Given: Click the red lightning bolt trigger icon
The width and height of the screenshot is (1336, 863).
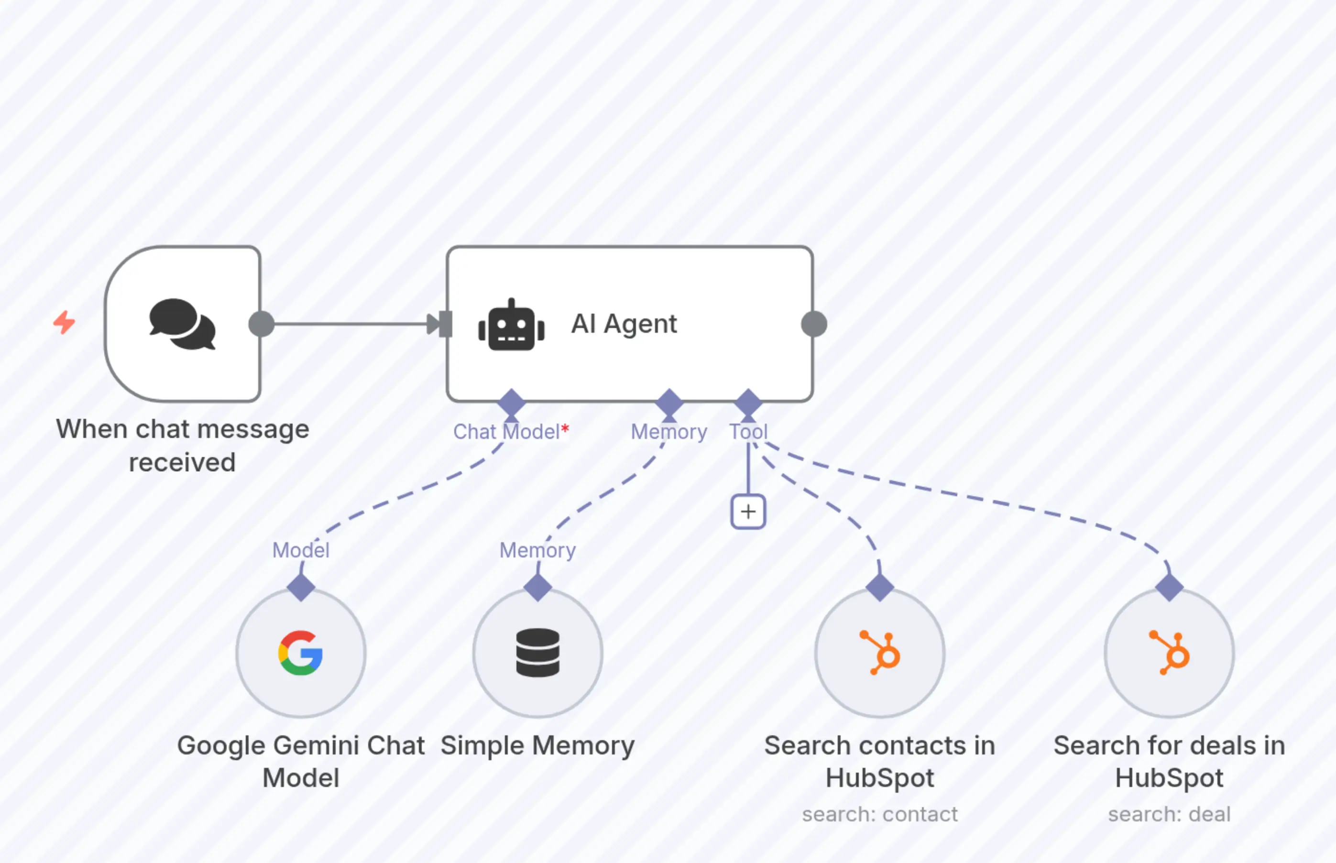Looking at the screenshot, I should pyautogui.click(x=64, y=322).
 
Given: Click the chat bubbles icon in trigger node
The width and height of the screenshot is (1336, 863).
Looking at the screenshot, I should pyautogui.click(x=182, y=324).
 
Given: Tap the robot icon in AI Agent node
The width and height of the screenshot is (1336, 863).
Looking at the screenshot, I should pyautogui.click(x=511, y=326).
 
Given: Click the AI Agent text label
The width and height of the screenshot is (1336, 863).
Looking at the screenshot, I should pyautogui.click(x=624, y=324).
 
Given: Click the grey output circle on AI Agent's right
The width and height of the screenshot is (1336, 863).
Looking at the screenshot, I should pyautogui.click(x=814, y=324).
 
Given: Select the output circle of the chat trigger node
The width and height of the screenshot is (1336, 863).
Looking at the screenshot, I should pyautogui.click(x=261, y=324).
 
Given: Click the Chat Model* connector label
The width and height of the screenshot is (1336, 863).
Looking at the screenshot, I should pyautogui.click(x=511, y=431).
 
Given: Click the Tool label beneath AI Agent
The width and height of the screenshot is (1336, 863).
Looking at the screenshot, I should pyautogui.click(x=748, y=431).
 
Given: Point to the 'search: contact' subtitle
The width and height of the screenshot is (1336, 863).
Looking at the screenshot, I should pyautogui.click(x=880, y=814).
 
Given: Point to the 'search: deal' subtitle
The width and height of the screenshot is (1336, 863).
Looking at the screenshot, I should pyautogui.click(x=1170, y=814).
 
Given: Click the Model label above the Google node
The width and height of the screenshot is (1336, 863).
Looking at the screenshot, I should pyautogui.click(x=301, y=550).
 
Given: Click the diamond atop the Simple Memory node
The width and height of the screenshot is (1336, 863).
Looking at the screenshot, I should pyautogui.click(x=537, y=587).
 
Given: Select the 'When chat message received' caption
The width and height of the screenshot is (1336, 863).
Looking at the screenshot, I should pyautogui.click(x=182, y=446).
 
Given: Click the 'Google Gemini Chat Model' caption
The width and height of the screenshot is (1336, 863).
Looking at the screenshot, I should pyautogui.click(x=301, y=761).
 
